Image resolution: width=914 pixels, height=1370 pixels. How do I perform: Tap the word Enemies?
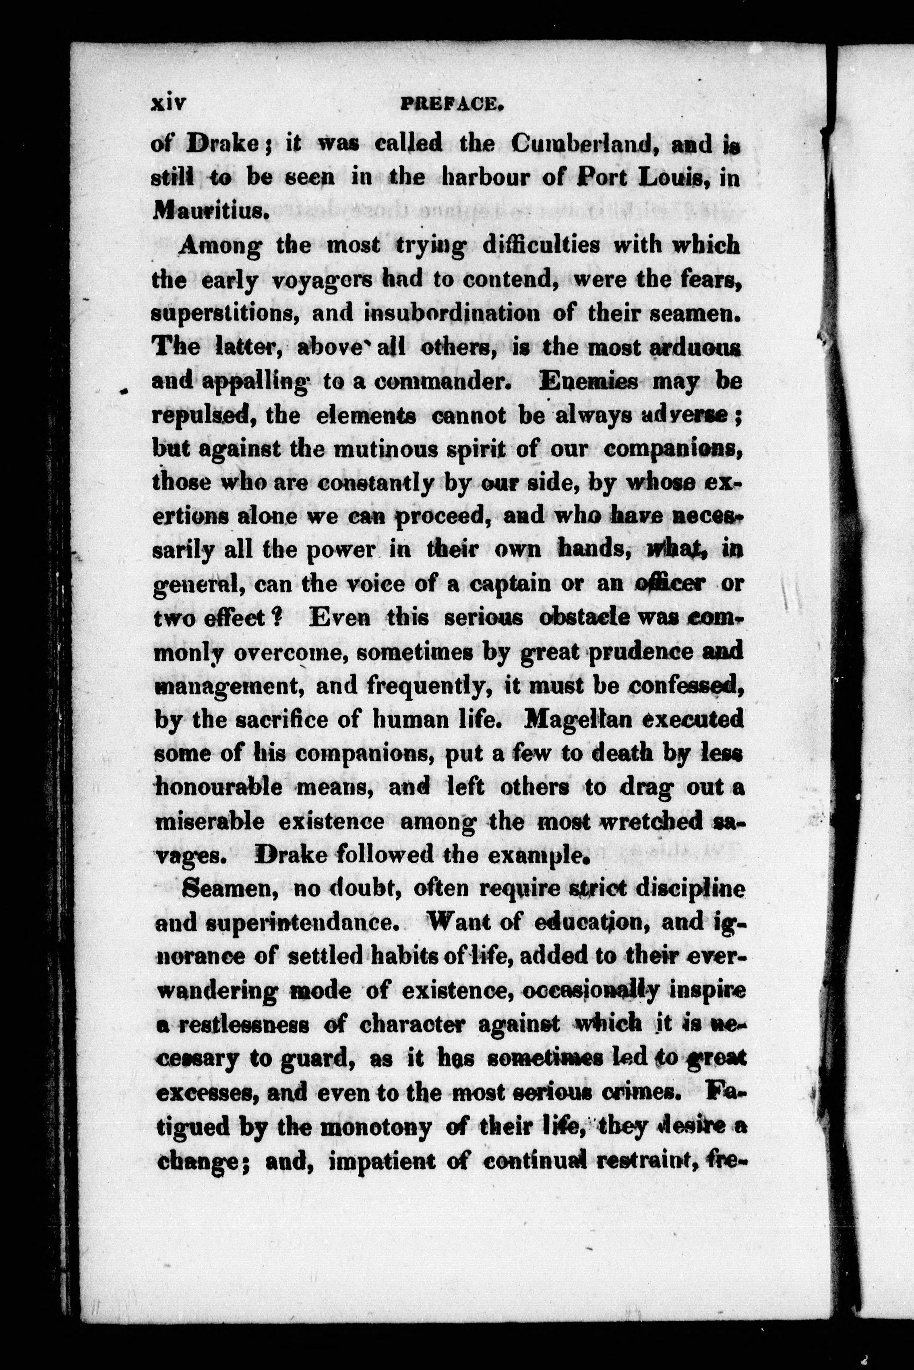[589, 382]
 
